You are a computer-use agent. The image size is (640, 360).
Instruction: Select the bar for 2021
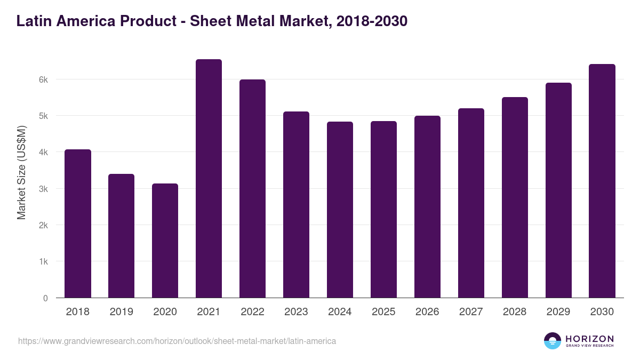click(209, 179)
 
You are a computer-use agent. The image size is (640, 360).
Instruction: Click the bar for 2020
click(165, 241)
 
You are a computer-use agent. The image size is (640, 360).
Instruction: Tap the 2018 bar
click(78, 223)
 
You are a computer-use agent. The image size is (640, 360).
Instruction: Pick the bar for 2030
click(602, 181)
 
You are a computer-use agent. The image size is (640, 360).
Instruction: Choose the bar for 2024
click(340, 210)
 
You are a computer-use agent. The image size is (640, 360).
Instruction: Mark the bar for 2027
click(471, 203)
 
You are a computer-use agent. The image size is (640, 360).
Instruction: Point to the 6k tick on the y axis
click(43, 79)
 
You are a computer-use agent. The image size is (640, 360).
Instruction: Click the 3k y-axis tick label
click(43, 189)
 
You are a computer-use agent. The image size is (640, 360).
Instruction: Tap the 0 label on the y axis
click(45, 298)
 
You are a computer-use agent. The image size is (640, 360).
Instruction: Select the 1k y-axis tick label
click(43, 262)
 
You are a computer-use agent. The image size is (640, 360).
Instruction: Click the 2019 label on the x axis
click(121, 312)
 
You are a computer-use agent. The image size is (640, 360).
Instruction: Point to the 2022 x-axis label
click(252, 312)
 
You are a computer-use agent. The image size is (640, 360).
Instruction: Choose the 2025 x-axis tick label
click(383, 312)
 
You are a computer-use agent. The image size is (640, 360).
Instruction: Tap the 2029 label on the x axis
click(558, 312)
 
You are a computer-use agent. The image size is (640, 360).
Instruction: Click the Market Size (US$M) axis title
click(21, 172)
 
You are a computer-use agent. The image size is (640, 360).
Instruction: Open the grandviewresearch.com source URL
click(177, 341)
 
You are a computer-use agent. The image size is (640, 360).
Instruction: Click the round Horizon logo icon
click(553, 341)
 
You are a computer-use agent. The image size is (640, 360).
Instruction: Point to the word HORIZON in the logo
click(590, 339)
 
